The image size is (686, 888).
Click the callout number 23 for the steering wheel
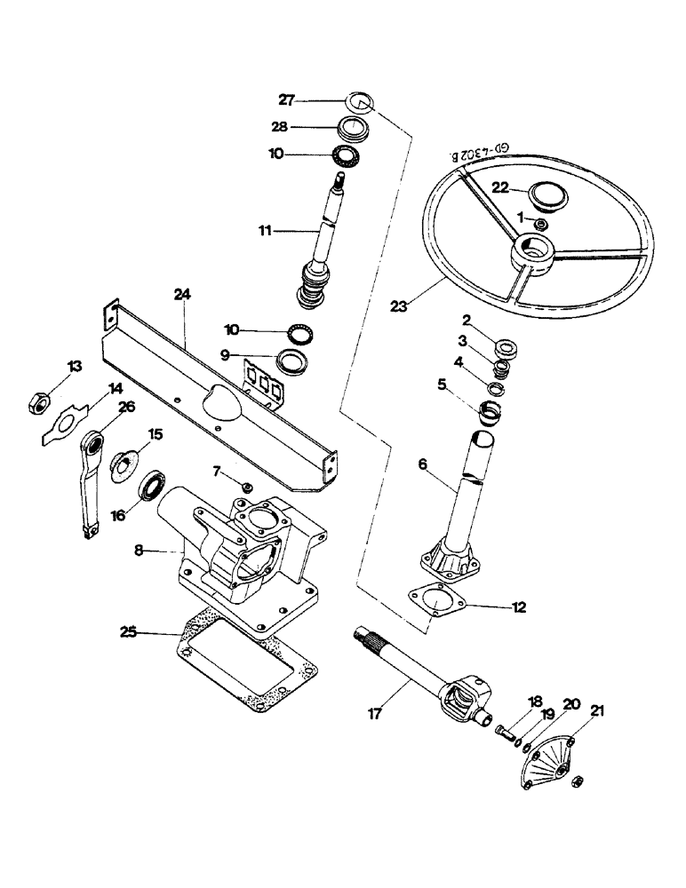point(400,306)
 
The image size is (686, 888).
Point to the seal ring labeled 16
point(152,488)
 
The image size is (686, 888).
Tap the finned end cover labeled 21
point(546,754)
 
